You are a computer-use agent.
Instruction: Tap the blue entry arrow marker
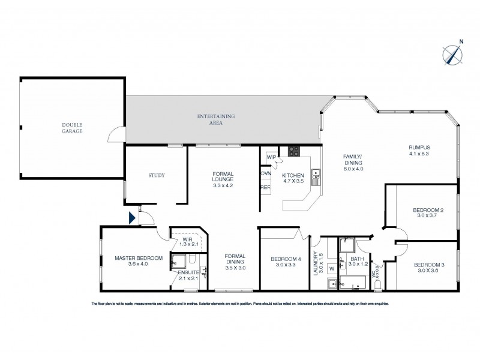coord(133,217)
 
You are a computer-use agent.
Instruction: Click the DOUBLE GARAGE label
coord(71,128)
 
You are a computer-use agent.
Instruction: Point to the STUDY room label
coord(156,175)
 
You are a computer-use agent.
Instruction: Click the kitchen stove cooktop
coord(293,151)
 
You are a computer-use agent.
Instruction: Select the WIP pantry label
coord(271,157)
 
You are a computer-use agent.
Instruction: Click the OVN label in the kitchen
coord(266,173)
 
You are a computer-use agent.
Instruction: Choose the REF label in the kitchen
coord(265,187)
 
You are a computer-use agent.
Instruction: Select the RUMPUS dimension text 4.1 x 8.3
coord(420,153)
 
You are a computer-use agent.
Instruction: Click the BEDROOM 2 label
coord(428,209)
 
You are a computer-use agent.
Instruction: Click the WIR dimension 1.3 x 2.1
coord(187,245)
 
